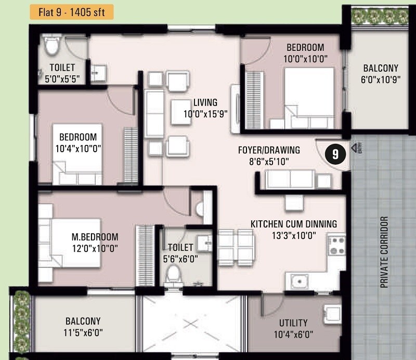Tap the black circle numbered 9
point(335,154)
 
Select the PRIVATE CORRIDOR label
point(385,252)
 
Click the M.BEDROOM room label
point(95,237)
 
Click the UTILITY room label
point(293,323)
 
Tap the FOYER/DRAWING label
point(269,150)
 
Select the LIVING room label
point(205,102)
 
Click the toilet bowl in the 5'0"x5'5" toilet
point(51,47)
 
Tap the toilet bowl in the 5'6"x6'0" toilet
point(173,274)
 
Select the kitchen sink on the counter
point(299,282)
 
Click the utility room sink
point(331,314)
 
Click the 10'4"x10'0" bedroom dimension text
point(78,148)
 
